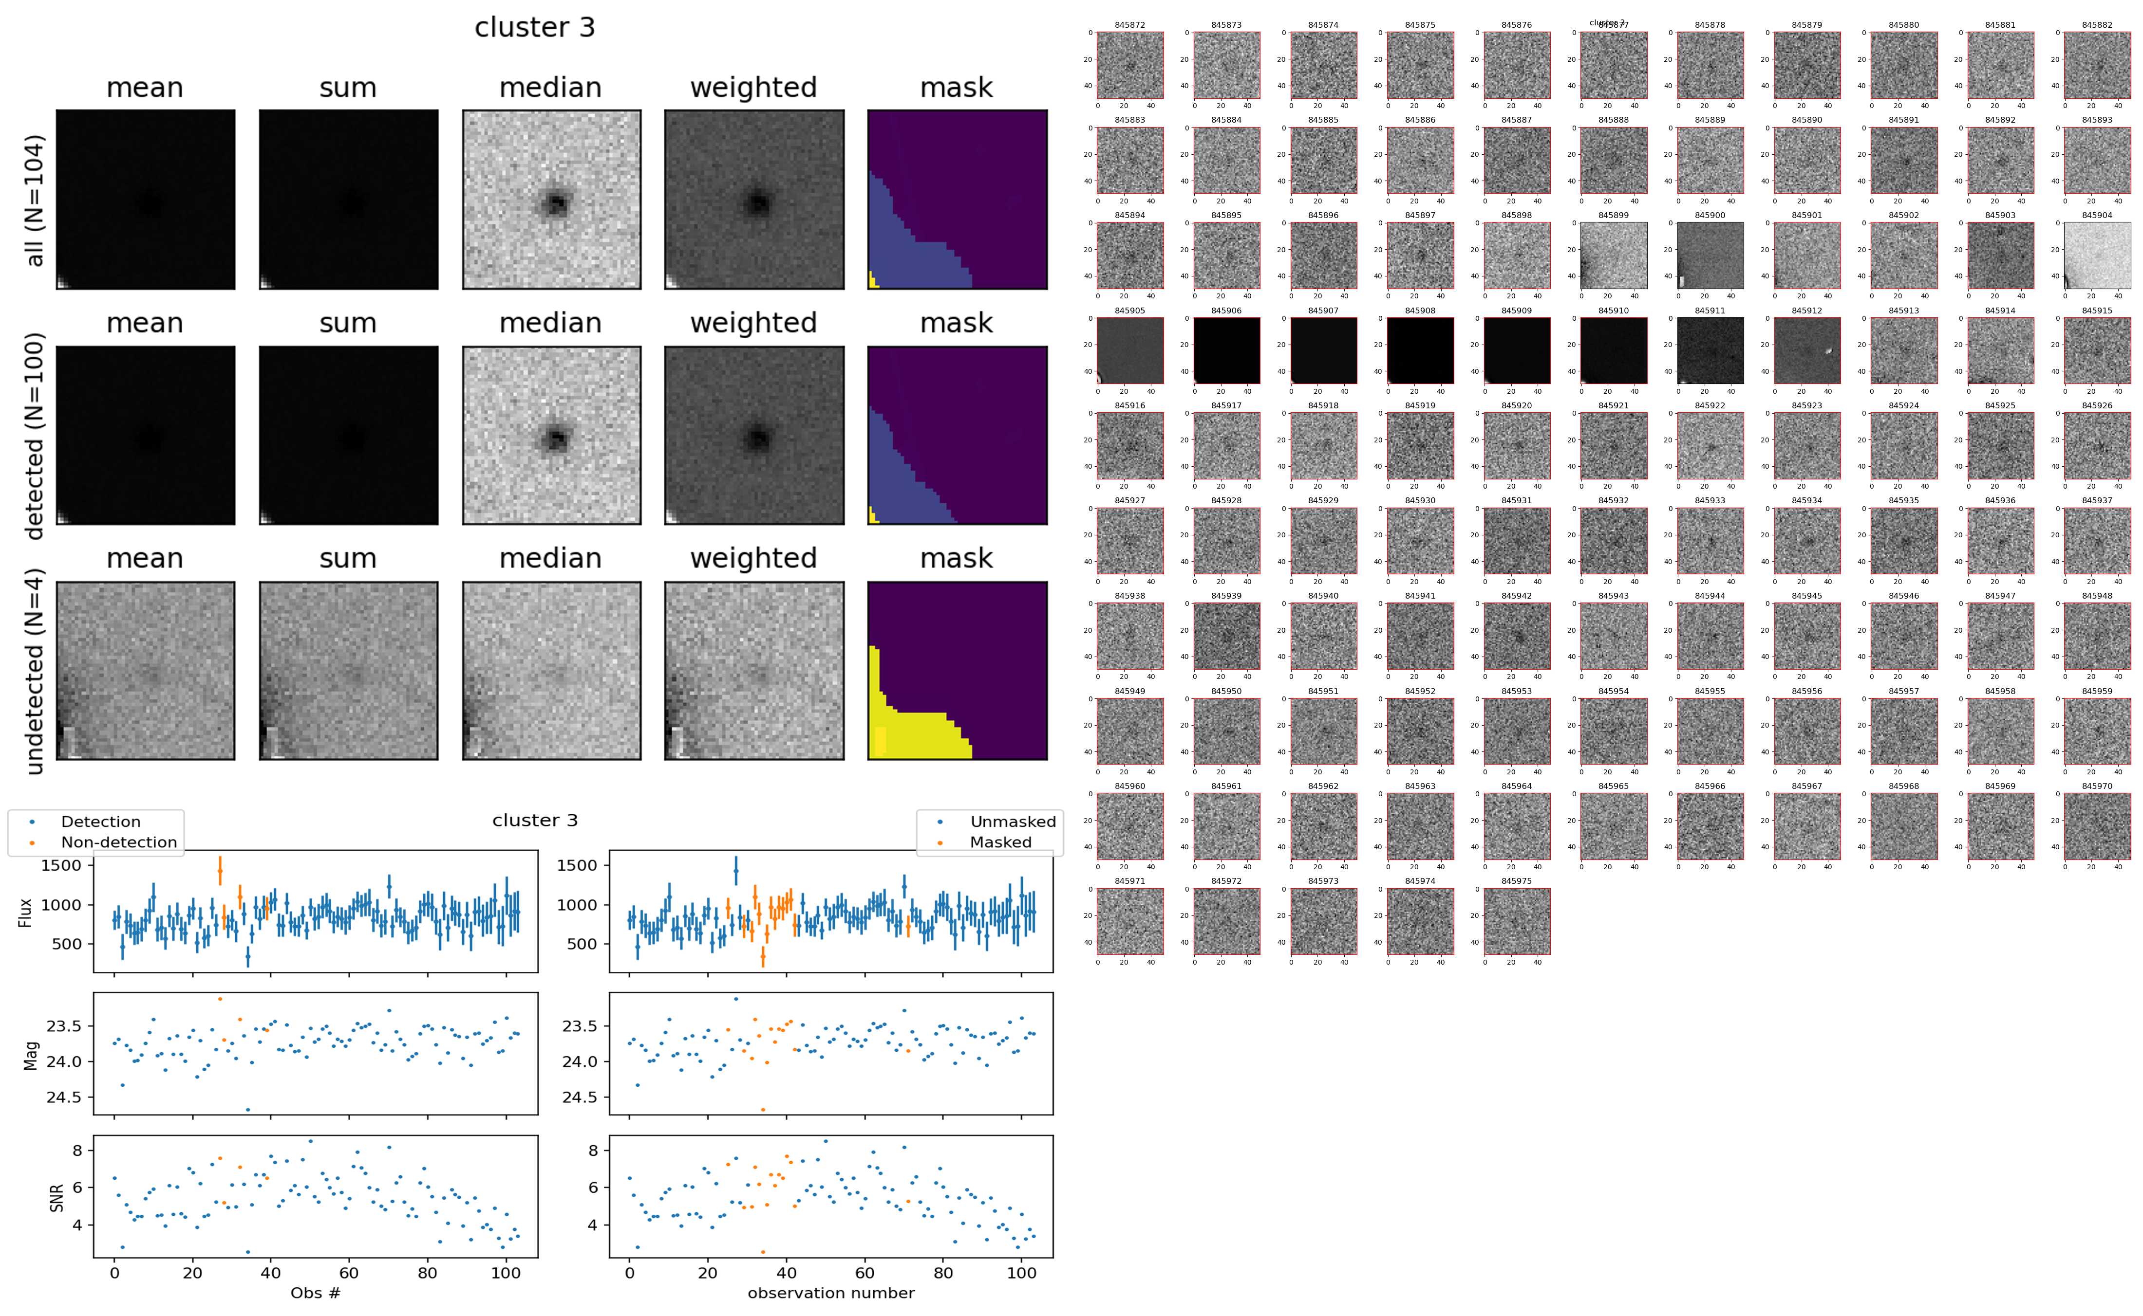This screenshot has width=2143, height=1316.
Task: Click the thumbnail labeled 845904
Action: (x=2097, y=255)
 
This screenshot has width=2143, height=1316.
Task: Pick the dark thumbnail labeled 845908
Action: (x=1419, y=350)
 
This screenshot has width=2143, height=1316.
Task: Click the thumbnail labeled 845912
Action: (x=1807, y=350)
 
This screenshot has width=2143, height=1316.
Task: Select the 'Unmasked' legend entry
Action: (x=1012, y=822)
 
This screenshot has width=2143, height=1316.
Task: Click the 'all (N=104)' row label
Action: (x=35, y=200)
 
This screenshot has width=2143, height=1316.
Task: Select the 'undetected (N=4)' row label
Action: (x=35, y=671)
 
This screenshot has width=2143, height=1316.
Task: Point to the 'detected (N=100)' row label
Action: (x=35, y=435)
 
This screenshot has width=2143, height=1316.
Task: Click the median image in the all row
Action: (x=551, y=200)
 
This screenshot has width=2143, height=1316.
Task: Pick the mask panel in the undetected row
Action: (x=957, y=671)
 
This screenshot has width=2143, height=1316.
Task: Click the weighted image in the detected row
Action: (x=754, y=435)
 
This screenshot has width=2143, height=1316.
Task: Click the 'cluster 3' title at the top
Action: (x=535, y=28)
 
